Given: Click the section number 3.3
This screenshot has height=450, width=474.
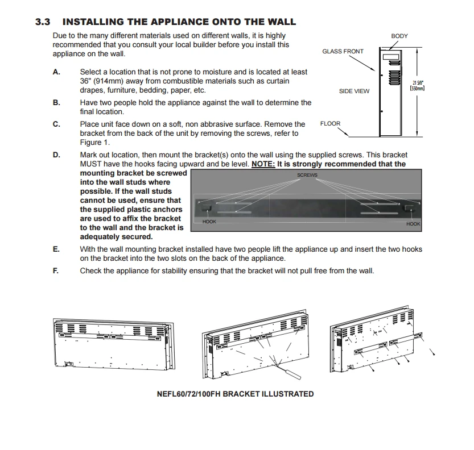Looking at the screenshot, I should click(x=43, y=22).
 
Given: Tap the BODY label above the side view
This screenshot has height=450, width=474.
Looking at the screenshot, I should click(x=399, y=36).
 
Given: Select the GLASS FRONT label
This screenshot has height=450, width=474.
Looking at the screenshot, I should click(x=343, y=51).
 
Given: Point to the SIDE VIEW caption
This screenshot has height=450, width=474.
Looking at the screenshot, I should click(x=354, y=91).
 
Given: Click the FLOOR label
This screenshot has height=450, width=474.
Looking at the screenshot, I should click(x=330, y=123).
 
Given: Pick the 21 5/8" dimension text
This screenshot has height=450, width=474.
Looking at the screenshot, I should click(x=418, y=82).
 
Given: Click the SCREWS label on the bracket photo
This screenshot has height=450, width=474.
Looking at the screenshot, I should click(x=307, y=175).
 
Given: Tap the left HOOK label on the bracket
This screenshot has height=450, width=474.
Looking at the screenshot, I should click(x=209, y=221).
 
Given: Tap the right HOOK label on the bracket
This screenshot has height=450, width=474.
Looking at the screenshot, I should click(x=413, y=224).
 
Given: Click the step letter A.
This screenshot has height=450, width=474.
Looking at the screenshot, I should click(x=56, y=72).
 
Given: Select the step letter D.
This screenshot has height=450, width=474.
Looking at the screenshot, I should click(x=56, y=155).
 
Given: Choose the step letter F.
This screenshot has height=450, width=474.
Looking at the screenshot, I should click(x=56, y=270).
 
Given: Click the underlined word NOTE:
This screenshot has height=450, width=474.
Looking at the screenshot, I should click(x=263, y=164).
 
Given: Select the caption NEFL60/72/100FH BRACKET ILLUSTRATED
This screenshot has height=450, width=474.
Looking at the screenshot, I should click(x=235, y=394).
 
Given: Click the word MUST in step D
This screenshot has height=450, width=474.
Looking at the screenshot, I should click(x=91, y=164).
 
